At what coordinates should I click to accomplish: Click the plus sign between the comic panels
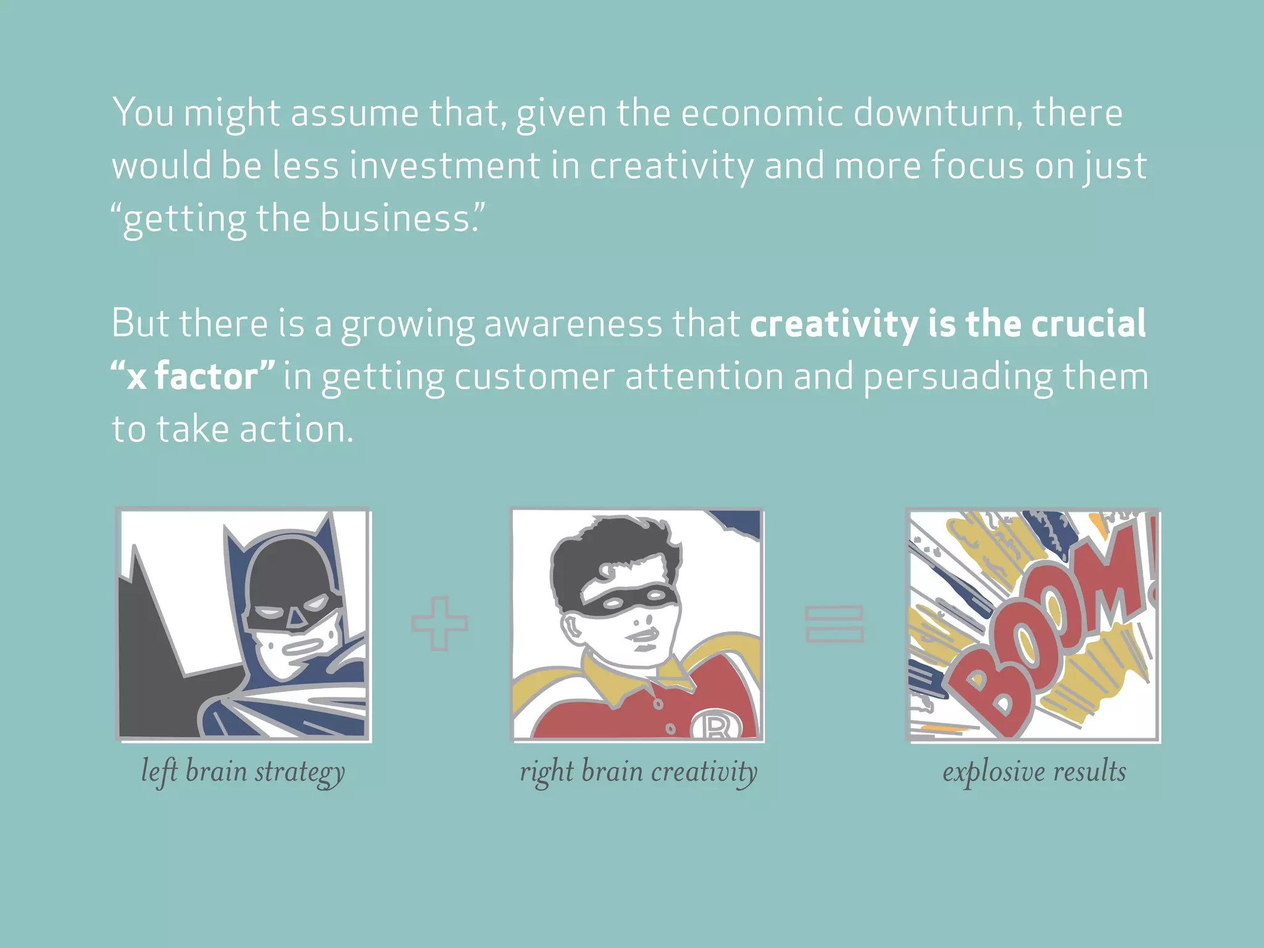[439, 623]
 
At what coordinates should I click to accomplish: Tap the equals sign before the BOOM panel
[834, 624]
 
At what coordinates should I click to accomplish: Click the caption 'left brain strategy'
[243, 771]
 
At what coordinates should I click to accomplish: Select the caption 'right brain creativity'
[638, 771]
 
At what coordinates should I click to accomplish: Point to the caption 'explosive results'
[1034, 771]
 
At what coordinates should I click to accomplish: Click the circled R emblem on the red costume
[715, 725]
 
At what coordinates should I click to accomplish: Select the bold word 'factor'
[206, 376]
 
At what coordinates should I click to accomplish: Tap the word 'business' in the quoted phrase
[395, 218]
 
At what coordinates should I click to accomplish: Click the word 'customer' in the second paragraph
[534, 376]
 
